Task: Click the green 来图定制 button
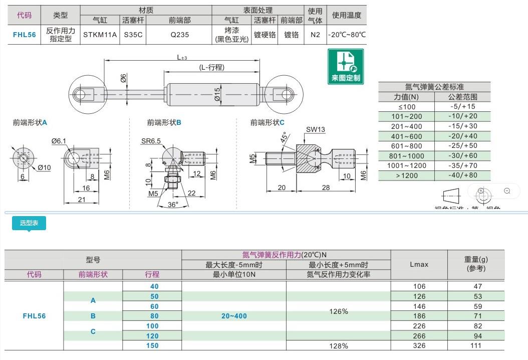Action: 346,66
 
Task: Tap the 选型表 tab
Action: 29,223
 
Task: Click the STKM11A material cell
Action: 100,35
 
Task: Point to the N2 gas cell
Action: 315,35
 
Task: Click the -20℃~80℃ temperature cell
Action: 347,35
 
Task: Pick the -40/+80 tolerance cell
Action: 463,175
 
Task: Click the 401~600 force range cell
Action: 406,136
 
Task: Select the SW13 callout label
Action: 316,130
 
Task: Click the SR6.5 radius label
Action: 151,141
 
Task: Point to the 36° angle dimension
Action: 173,204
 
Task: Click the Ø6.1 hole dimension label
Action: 59,141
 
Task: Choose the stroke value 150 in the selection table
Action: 152,345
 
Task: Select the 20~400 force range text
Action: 233,316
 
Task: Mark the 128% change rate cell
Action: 338,345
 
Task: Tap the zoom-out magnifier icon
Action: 507,191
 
